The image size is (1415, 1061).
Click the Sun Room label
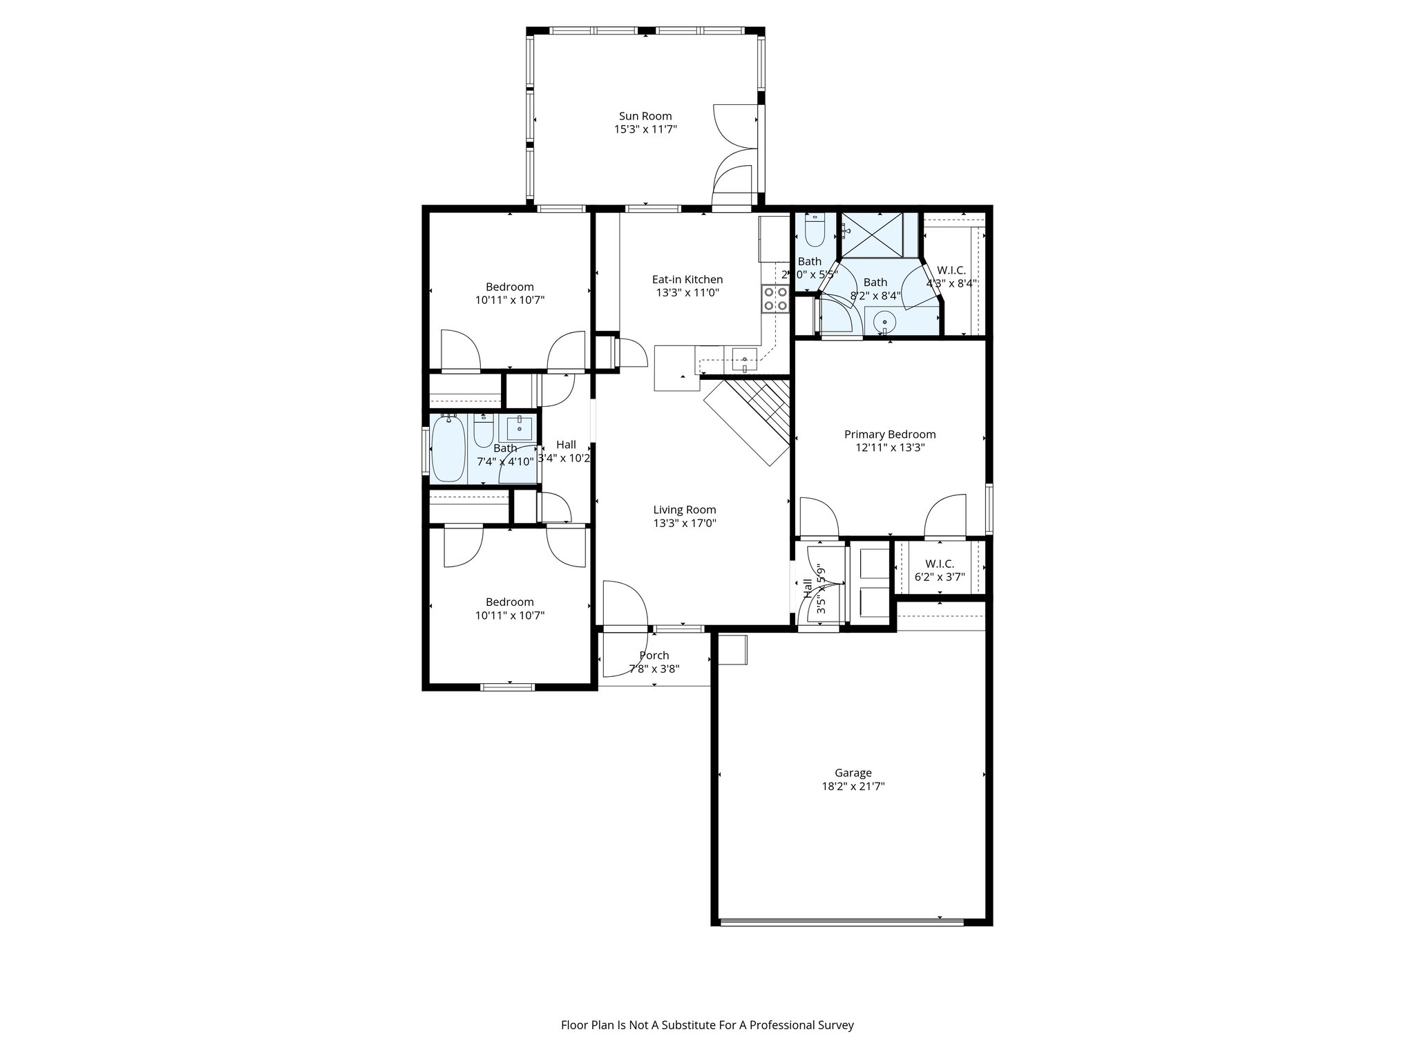(645, 116)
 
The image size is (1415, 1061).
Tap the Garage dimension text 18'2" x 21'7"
(853, 786)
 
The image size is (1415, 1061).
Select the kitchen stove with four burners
(775, 299)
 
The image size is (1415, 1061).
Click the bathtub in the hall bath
(448, 448)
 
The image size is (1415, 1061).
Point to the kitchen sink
(744, 358)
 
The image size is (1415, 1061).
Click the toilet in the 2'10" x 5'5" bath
(815, 231)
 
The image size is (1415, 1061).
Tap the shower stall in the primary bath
(871, 235)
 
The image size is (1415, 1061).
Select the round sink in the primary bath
(884, 321)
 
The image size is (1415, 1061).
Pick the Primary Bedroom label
(889, 434)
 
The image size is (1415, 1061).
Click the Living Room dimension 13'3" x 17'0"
(684, 524)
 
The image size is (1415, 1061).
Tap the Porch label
(654, 656)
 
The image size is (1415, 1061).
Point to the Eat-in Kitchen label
(687, 280)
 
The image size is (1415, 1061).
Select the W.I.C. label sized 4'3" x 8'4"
(951, 271)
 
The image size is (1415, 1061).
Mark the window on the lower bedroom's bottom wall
(507, 687)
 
